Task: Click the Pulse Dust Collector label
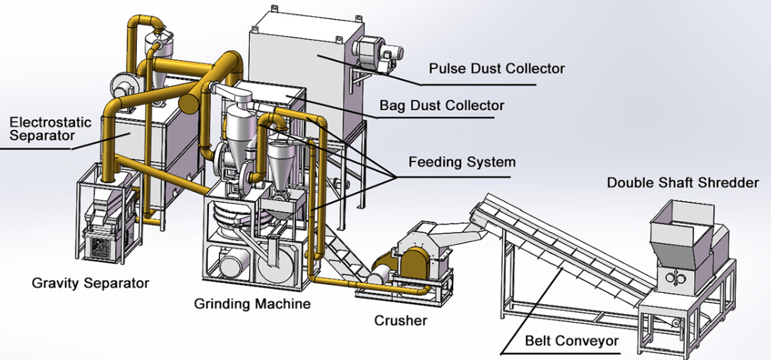tap(497, 68)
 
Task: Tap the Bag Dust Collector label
tap(442, 105)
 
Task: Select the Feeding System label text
tap(462, 162)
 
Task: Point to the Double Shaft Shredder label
tap(683, 183)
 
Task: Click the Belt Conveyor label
tap(571, 341)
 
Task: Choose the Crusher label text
tap(400, 320)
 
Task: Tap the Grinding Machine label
tap(252, 304)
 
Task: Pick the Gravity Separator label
tap(90, 283)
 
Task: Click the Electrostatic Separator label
tap(50, 128)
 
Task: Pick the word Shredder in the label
tap(729, 183)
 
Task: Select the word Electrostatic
tap(50, 122)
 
